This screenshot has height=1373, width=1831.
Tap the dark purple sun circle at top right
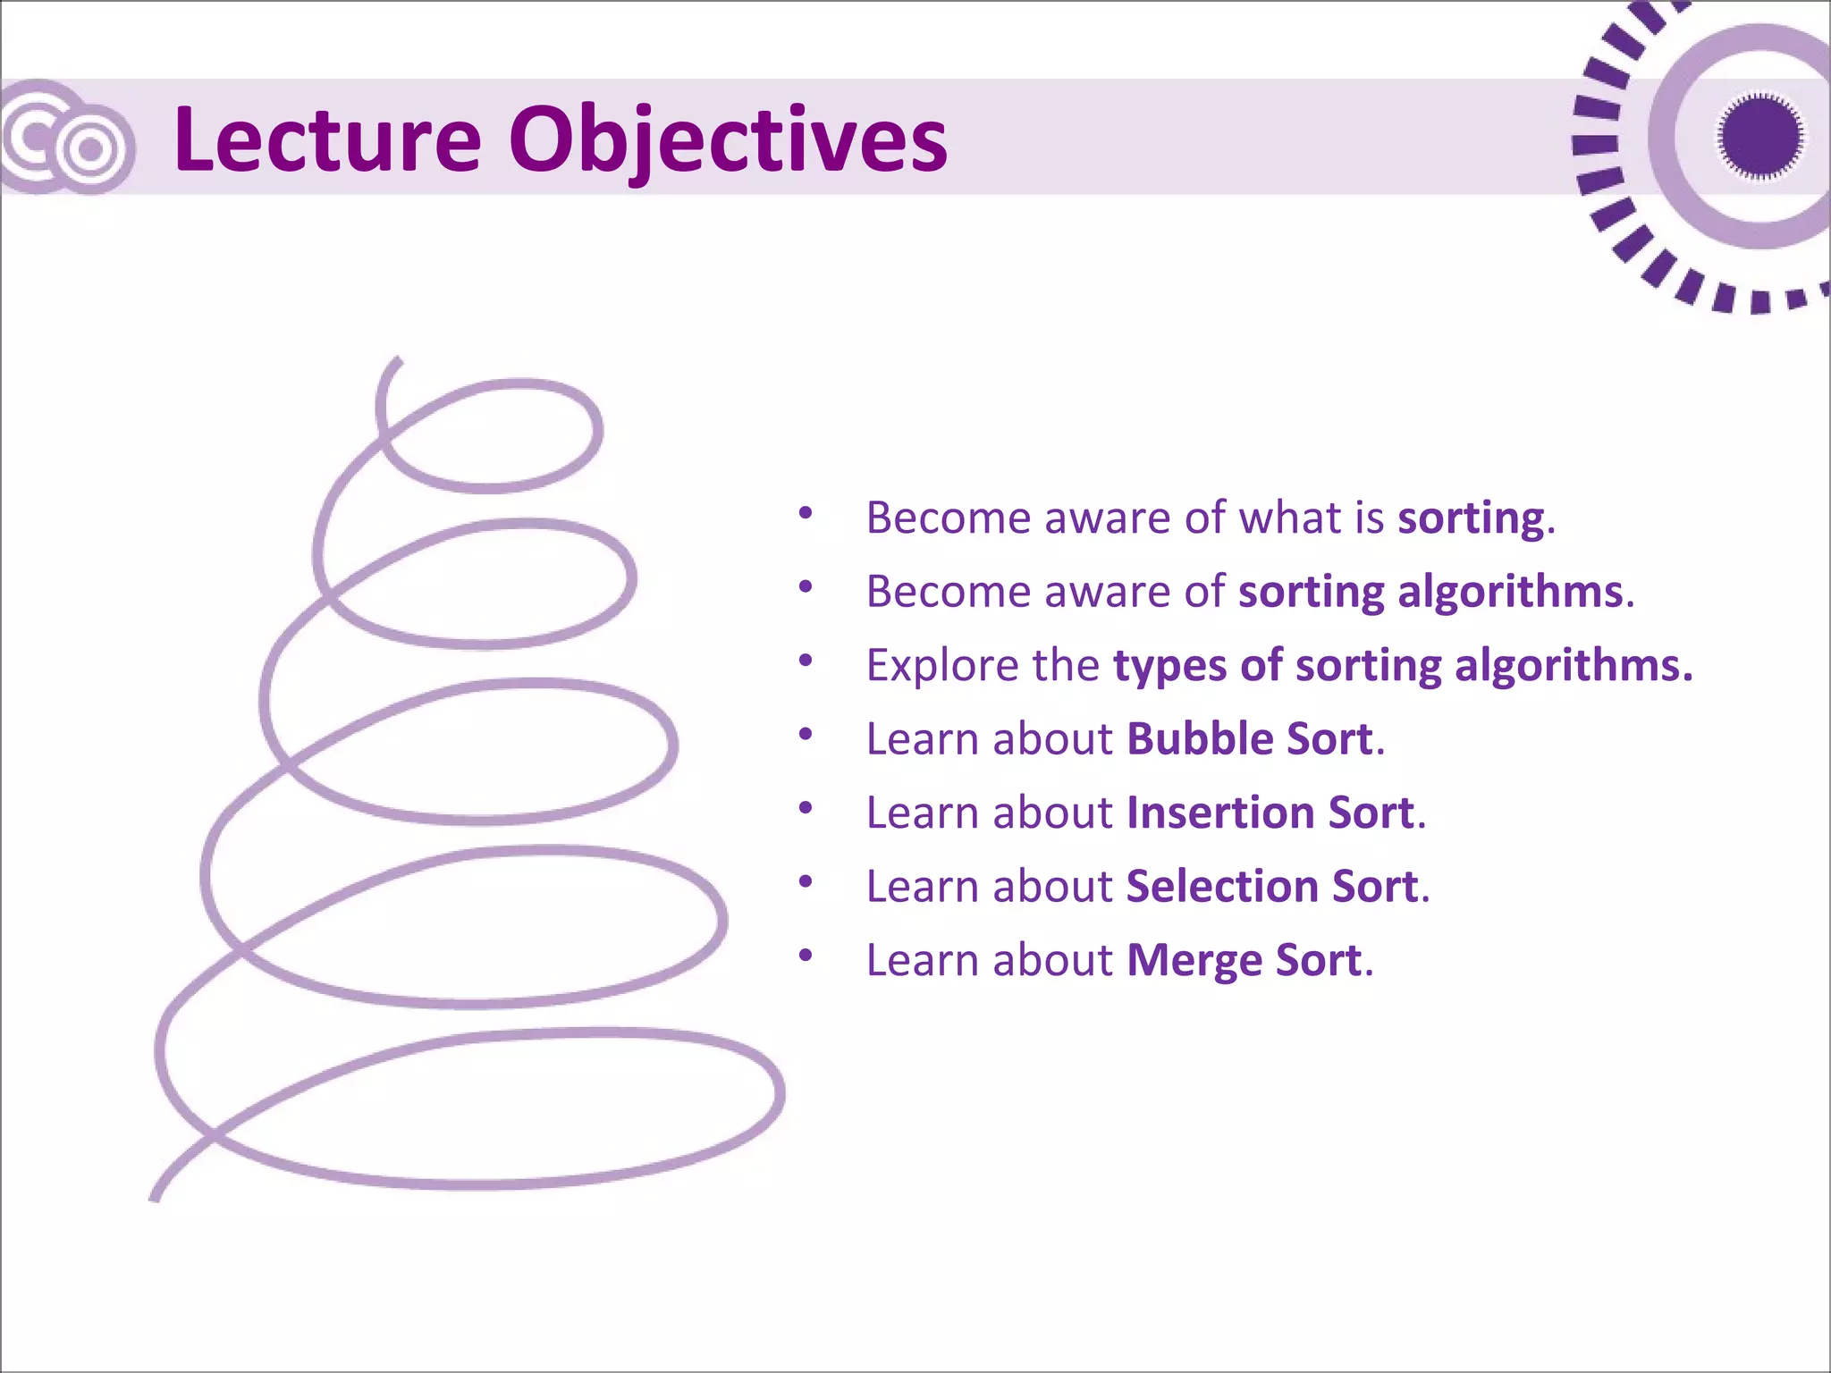coord(1759,137)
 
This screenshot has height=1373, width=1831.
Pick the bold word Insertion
coord(1219,813)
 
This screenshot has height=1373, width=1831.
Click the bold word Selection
coord(1221,887)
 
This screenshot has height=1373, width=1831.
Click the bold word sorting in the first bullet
coord(1471,518)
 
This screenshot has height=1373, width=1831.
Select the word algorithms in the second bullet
coord(1510,592)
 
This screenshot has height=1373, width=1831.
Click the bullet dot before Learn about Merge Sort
coord(806,956)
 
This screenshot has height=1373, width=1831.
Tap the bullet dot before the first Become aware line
coord(806,513)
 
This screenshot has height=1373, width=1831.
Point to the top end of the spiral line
coord(397,360)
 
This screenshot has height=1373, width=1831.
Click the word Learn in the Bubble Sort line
coord(921,739)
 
